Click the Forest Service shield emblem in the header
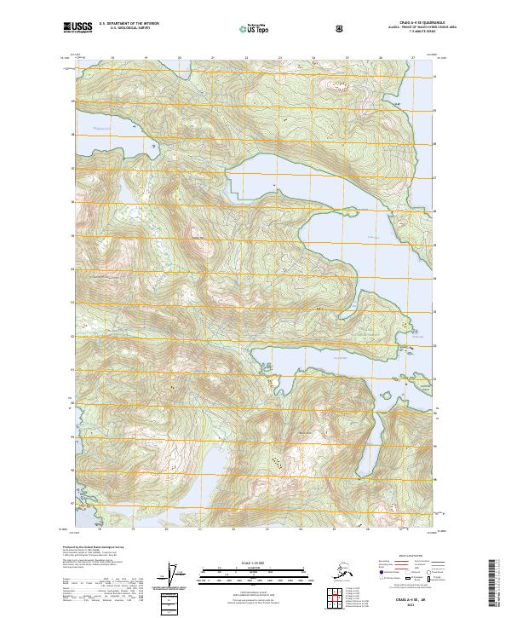coord(341,28)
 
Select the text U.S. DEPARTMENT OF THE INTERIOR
coord(129,24)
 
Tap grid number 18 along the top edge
coord(112,58)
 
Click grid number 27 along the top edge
coord(413,58)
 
